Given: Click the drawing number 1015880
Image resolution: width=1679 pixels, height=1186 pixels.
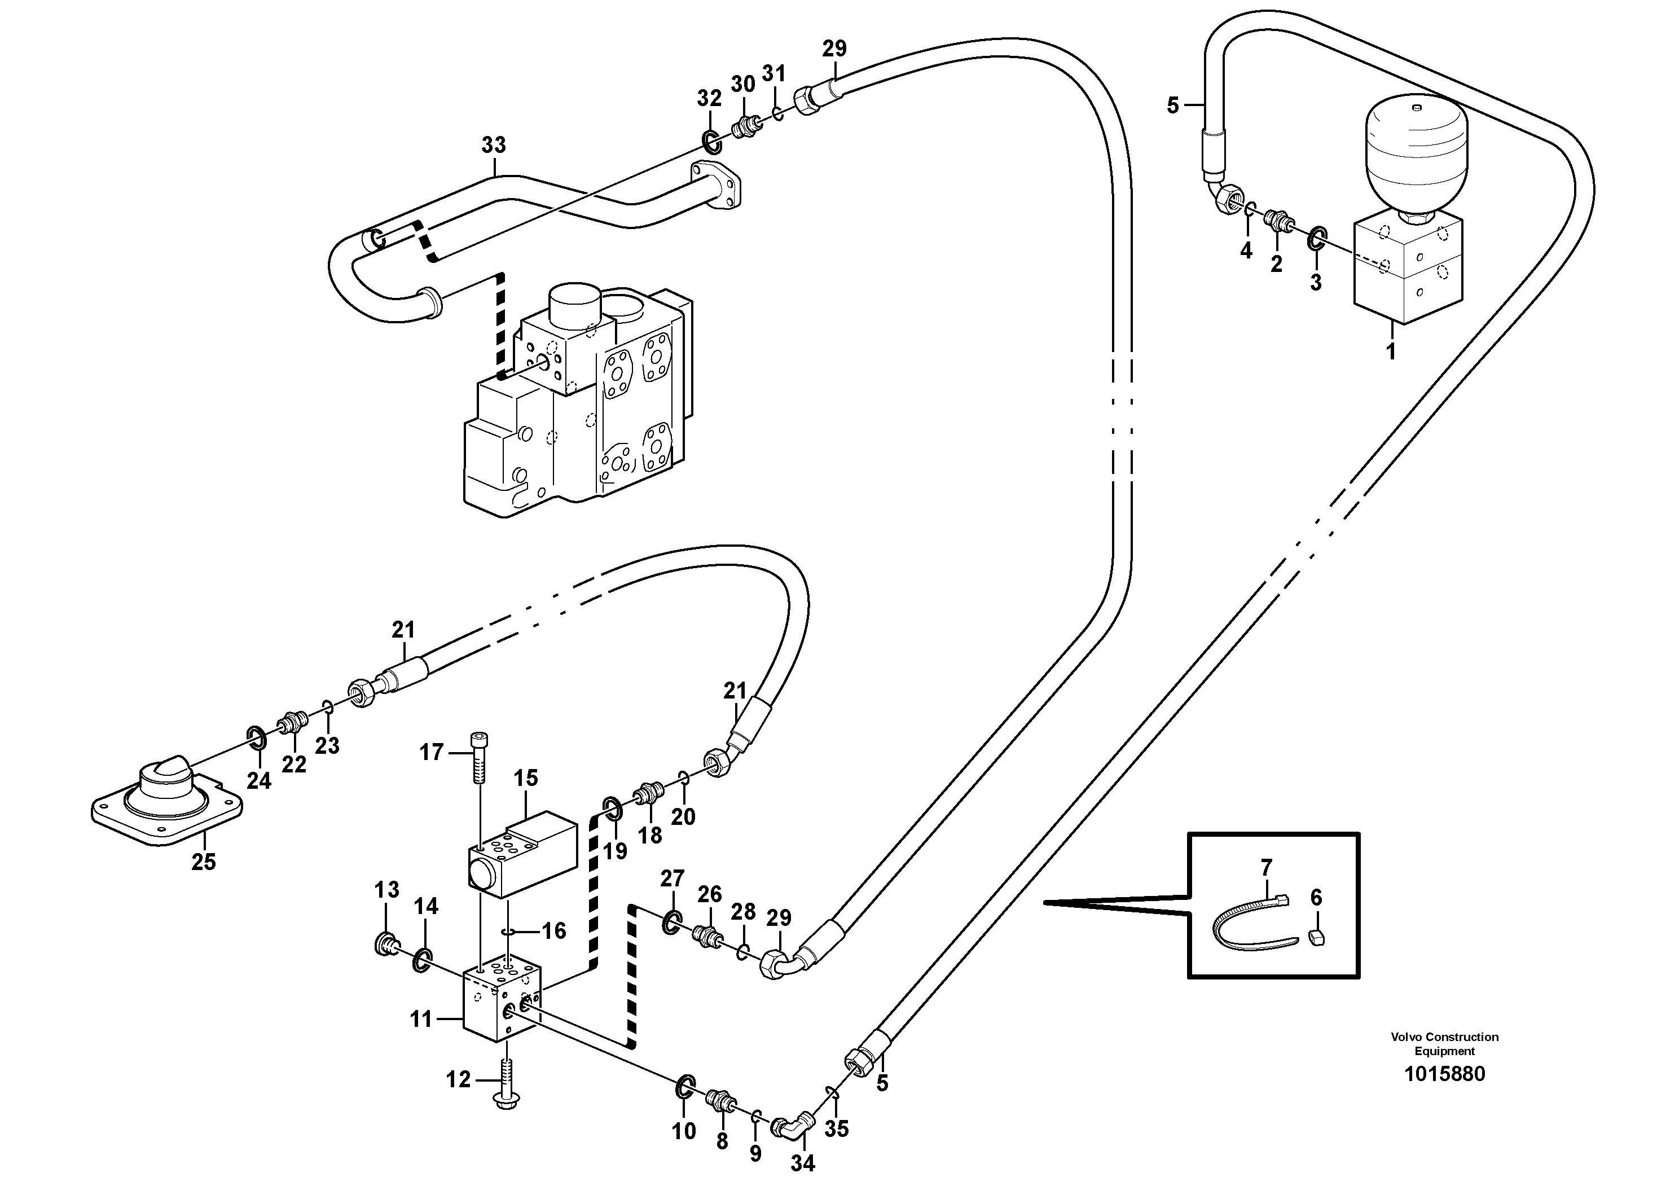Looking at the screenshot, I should [1444, 1074].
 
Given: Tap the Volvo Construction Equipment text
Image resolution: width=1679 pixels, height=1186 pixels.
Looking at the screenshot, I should [1444, 1043].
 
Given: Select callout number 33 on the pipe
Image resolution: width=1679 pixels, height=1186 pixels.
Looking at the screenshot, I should [494, 146].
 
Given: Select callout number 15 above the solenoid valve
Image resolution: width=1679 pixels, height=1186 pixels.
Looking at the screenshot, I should [526, 778].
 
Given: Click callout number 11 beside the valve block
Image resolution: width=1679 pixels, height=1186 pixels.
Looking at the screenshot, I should [421, 1018].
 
